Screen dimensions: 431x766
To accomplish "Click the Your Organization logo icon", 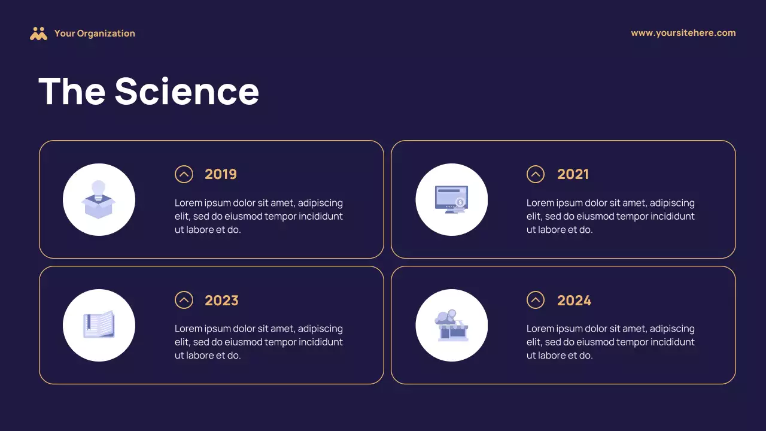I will (x=38, y=34).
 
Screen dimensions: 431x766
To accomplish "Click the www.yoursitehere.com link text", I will (x=683, y=33).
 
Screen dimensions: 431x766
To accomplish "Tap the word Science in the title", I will (x=187, y=92).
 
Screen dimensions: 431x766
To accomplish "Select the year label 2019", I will (x=221, y=174).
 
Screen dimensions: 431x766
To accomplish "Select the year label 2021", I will (x=573, y=174).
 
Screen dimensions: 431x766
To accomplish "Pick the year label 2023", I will (x=221, y=300).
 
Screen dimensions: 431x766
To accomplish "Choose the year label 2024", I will (x=574, y=300).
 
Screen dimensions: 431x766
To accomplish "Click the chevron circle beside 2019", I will (x=184, y=174).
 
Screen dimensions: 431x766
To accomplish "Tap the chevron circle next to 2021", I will (x=536, y=174).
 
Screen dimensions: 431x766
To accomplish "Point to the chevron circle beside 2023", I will (x=184, y=300).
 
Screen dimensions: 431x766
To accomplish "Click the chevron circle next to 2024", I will (x=536, y=300).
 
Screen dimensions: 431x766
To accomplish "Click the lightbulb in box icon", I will (x=99, y=199).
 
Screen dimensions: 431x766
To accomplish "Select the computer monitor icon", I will (x=451, y=199).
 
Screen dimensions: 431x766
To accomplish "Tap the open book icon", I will (x=99, y=325).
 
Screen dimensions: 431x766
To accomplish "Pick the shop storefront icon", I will (x=451, y=325).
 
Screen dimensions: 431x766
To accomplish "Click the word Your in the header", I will (x=64, y=34).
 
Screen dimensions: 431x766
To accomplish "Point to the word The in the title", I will (x=72, y=92).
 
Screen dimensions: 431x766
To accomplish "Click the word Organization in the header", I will (x=106, y=34).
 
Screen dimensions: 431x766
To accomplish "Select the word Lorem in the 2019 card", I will (x=189, y=203).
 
